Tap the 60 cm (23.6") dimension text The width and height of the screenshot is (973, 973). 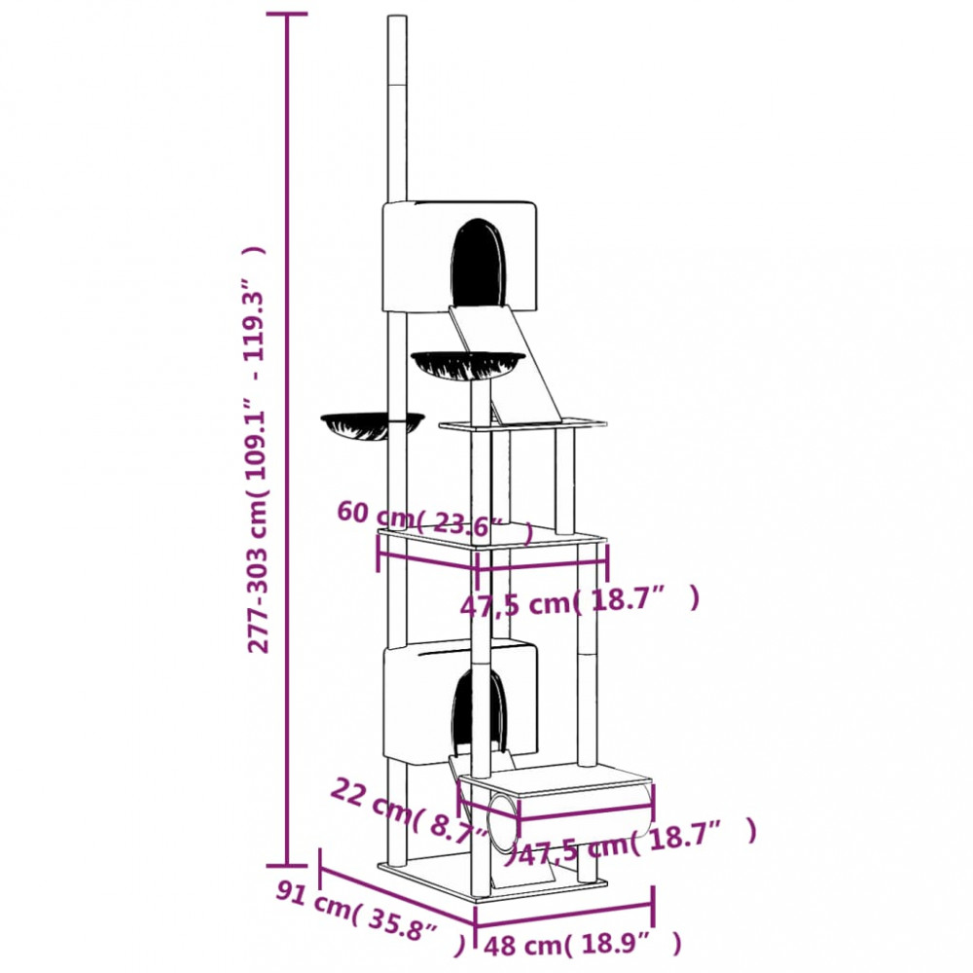click(435, 523)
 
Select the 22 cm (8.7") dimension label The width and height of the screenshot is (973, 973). click(410, 811)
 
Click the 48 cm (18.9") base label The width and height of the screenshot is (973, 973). click(583, 945)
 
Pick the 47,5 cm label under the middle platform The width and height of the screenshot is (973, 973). click(580, 602)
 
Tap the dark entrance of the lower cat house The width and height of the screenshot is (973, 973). click(478, 713)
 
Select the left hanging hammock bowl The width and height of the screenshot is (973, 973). click(373, 426)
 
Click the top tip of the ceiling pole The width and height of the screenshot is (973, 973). click(397, 17)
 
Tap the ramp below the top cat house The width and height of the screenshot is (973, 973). click(506, 362)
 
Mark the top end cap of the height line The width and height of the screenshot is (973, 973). click(287, 14)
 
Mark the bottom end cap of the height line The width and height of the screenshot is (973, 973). click(287, 864)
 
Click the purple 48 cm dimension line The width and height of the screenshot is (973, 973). click(564, 907)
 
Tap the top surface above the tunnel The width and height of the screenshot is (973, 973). click(557, 777)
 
